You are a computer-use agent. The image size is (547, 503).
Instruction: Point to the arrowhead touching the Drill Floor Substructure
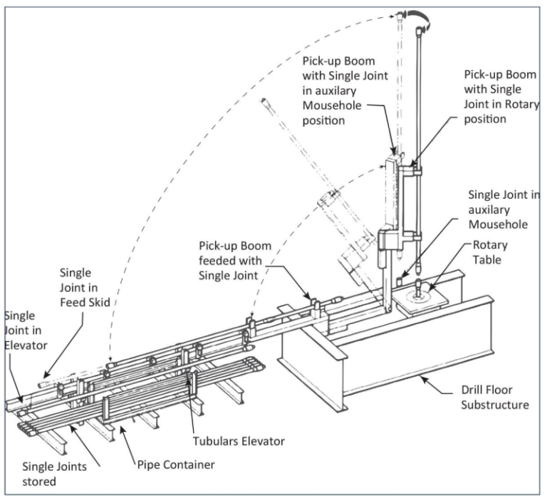click(x=421, y=379)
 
